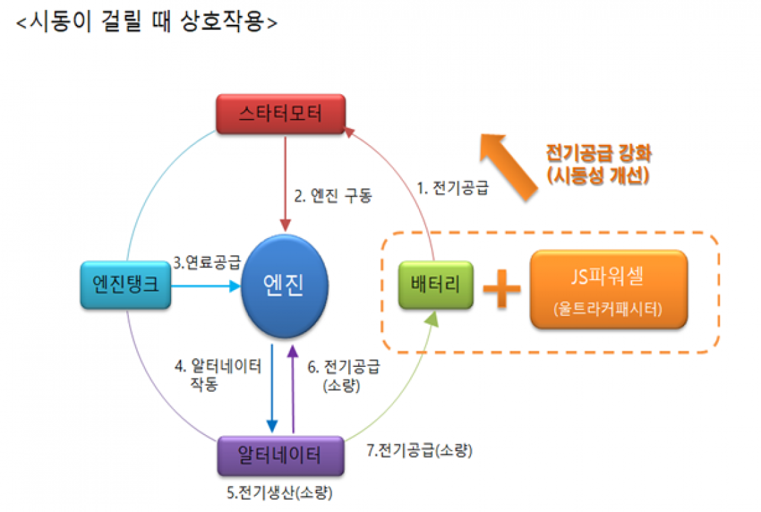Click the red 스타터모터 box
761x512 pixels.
(280, 113)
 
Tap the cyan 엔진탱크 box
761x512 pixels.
(125, 285)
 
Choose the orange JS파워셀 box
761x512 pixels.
(609, 289)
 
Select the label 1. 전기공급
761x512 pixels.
(452, 188)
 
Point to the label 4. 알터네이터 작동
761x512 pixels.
(218, 375)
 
